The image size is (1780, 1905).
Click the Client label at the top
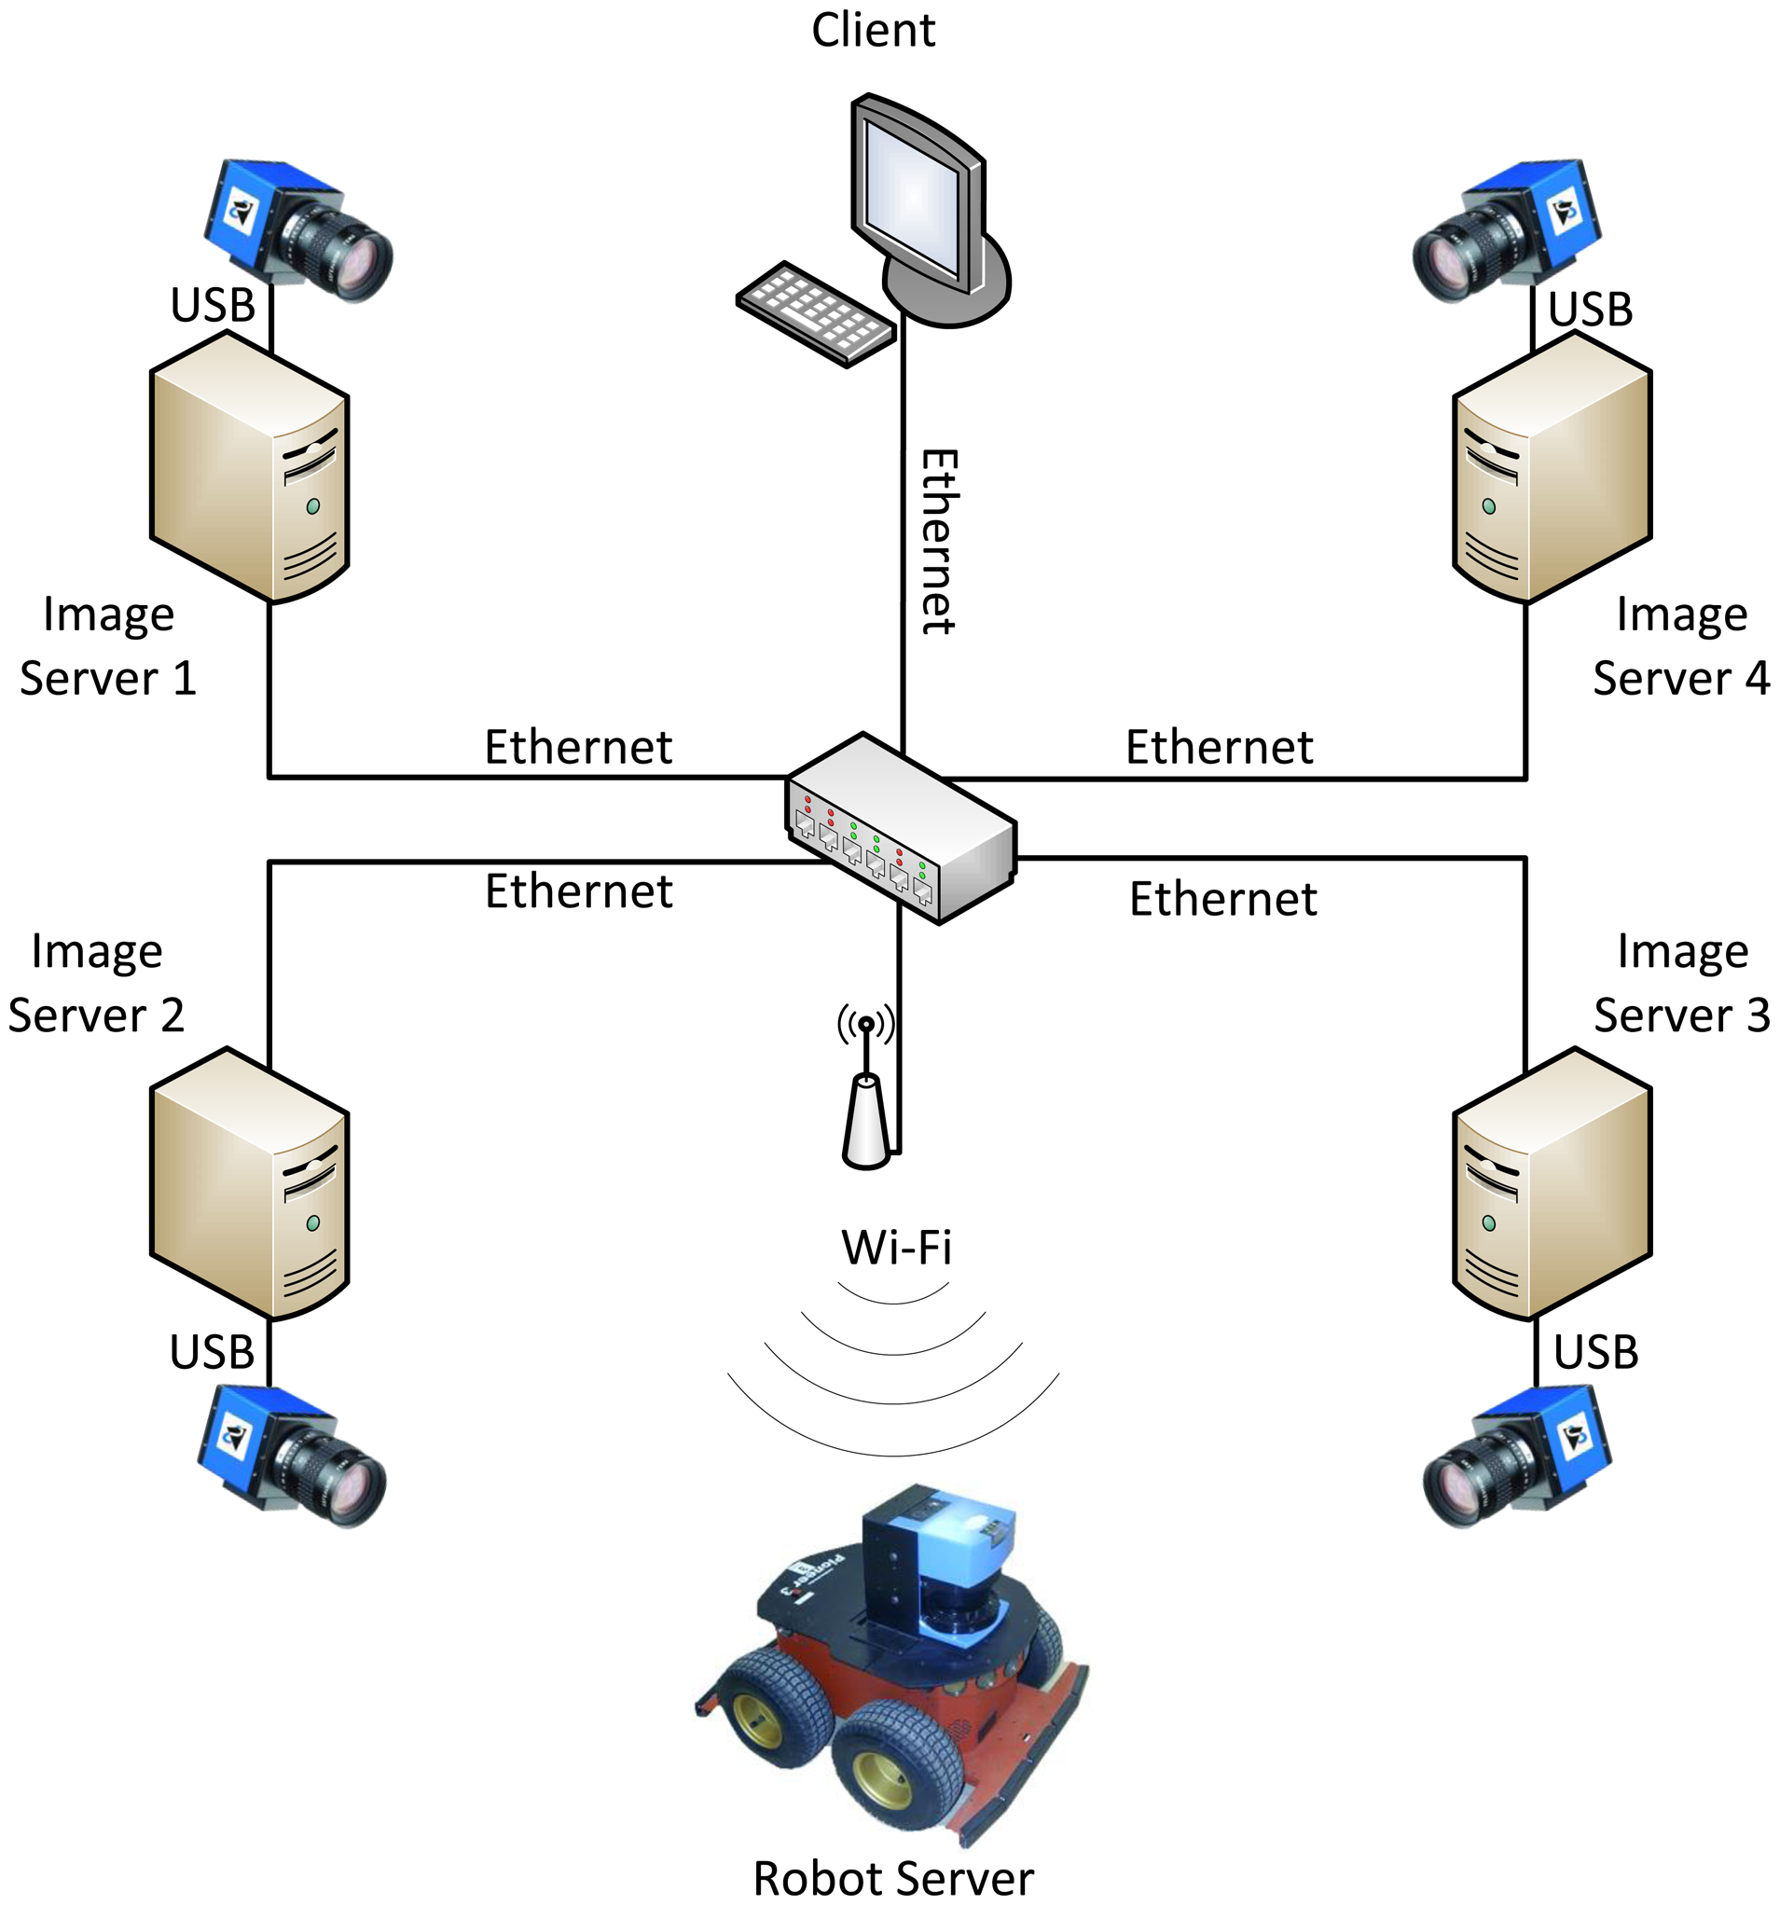click(873, 31)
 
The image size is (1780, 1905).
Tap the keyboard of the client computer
click(815, 313)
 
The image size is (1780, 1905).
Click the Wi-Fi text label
click(897, 1248)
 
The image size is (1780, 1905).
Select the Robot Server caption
click(893, 1879)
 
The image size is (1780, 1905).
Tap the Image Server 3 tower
click(1552, 1183)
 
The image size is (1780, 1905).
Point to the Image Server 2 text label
click(96, 983)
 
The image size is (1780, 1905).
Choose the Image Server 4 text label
click(1681, 646)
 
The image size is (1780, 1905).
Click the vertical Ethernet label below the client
click(938, 542)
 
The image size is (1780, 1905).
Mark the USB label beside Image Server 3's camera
click(1596, 1353)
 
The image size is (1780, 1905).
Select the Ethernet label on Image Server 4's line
click(1219, 748)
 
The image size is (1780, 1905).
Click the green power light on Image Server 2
click(312, 1223)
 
